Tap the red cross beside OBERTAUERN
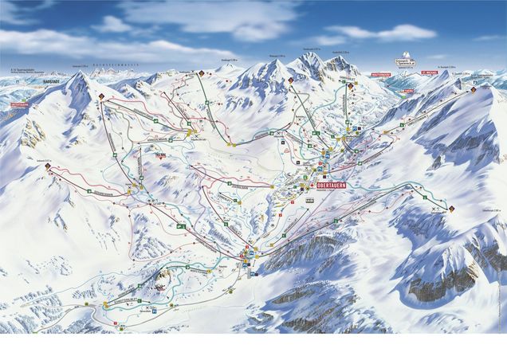(x=312, y=188)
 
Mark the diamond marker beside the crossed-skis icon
(x=452, y=209)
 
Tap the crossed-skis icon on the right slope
(x=434, y=208)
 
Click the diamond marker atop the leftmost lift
(x=102, y=96)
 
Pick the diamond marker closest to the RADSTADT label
(x=102, y=96)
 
